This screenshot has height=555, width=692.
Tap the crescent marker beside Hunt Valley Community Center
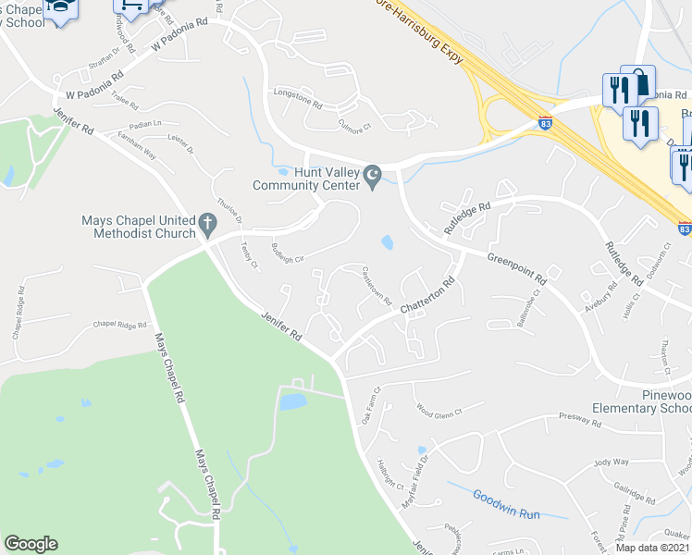pos(374,175)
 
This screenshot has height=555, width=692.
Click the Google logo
pos(31,544)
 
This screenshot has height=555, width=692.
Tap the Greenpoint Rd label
pos(525,266)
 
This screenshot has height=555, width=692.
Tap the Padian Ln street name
pos(143,124)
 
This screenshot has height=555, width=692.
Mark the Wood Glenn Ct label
pos(438,410)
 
